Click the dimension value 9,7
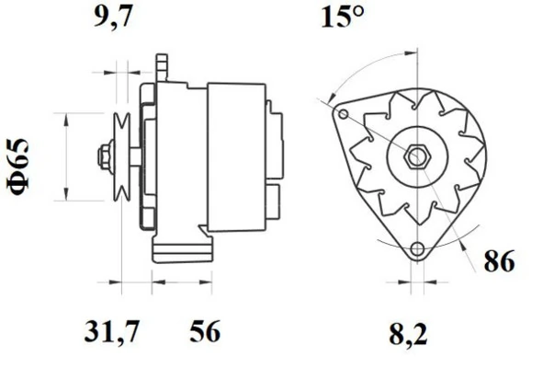point(115,17)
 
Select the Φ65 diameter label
point(19,165)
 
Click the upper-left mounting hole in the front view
point(343,115)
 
